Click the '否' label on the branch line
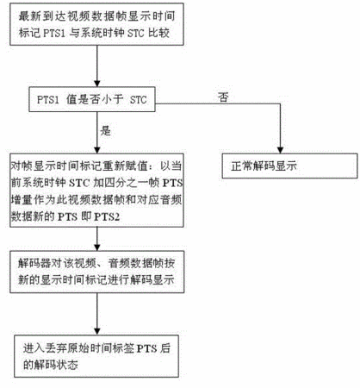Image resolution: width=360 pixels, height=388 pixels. click(x=223, y=97)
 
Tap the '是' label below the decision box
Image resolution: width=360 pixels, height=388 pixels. click(x=105, y=131)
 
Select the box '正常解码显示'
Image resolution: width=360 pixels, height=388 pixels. click(x=289, y=166)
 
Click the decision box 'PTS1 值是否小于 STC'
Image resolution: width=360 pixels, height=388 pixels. click(x=92, y=99)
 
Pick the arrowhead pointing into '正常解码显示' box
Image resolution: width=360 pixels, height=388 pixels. click(x=280, y=150)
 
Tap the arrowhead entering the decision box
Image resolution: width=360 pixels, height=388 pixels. click(x=97, y=84)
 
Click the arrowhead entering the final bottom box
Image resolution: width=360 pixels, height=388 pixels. click(x=97, y=331)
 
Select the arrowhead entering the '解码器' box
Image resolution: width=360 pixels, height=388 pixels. click(x=97, y=247)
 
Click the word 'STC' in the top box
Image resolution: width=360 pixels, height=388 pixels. click(x=135, y=33)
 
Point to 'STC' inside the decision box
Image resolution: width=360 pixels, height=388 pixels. click(x=139, y=100)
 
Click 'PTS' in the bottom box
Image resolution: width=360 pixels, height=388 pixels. click(x=146, y=348)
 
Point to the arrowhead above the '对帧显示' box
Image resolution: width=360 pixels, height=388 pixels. click(x=97, y=150)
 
